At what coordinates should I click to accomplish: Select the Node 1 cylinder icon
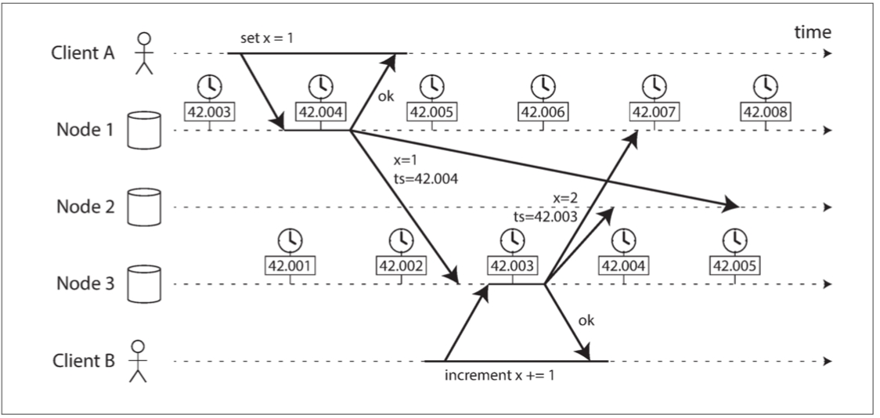point(144,130)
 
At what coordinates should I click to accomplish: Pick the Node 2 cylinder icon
point(144,207)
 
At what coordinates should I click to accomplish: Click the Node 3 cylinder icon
point(144,283)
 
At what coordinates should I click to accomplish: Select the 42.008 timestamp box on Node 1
point(763,111)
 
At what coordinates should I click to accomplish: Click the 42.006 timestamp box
point(539,111)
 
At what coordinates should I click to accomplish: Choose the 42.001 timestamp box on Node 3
point(291,265)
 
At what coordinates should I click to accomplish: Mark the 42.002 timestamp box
point(403,265)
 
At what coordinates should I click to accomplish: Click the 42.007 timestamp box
point(651,111)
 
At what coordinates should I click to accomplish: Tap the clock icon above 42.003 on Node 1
point(208,85)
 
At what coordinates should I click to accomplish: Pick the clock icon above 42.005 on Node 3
point(734,239)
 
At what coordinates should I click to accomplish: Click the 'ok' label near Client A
point(385,96)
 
